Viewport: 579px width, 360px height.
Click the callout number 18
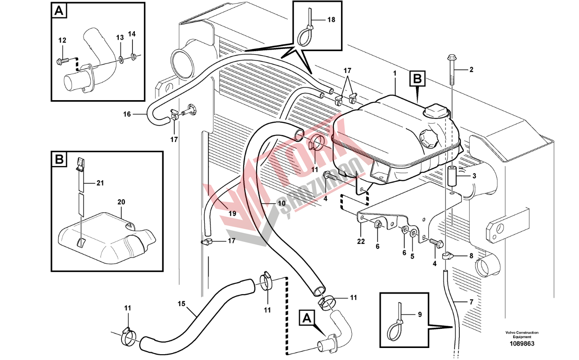pos(331,20)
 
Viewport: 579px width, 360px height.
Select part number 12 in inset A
pos(62,40)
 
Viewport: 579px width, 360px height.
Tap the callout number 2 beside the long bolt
pos(471,69)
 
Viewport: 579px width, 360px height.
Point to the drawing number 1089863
pos(522,344)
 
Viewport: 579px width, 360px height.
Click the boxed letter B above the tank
pos(417,80)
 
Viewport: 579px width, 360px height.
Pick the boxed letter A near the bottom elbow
pos(306,318)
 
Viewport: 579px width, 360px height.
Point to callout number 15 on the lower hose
pos(181,304)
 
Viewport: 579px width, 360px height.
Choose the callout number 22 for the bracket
pos(361,241)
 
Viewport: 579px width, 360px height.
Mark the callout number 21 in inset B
pos(100,182)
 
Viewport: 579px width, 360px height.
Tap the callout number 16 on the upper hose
pos(127,114)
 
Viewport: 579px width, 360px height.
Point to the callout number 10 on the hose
pos(281,203)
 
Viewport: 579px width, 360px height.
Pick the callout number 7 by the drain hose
pos(472,302)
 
